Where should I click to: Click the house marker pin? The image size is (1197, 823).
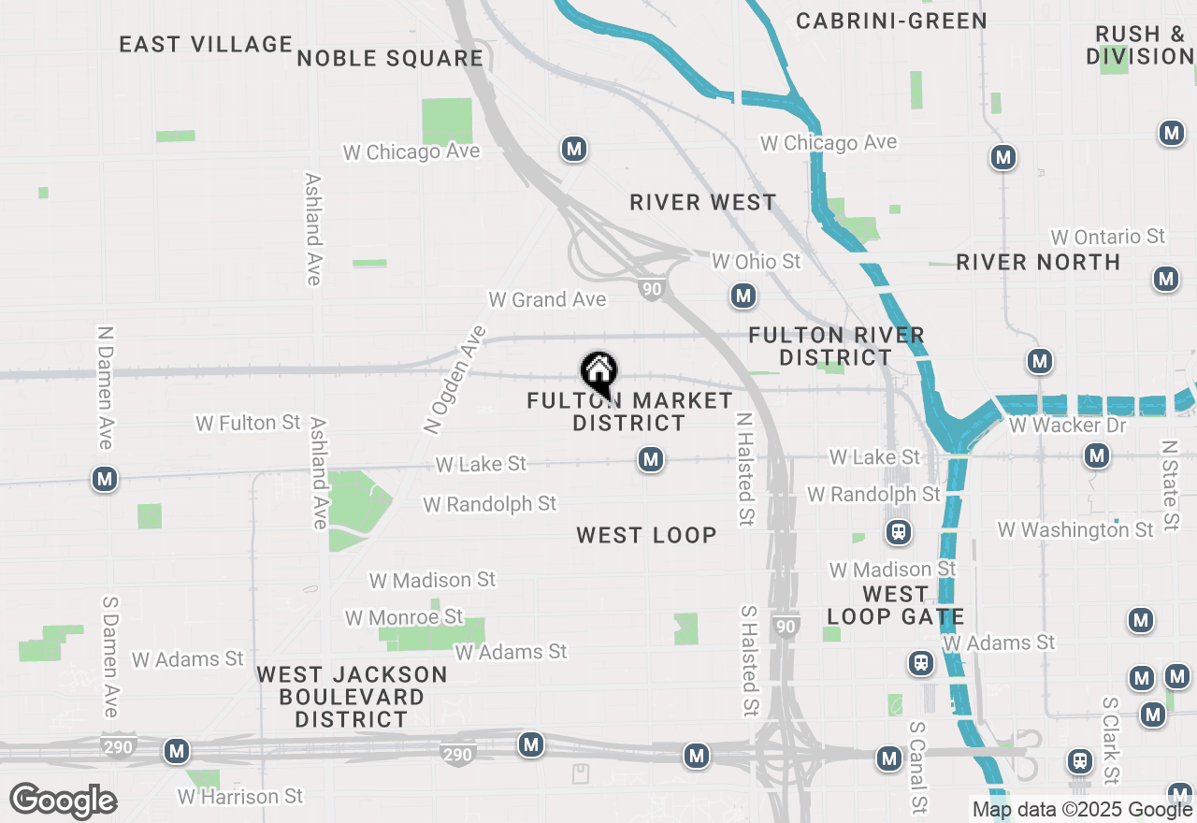click(x=598, y=372)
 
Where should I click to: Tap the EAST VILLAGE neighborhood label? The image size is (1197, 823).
click(x=206, y=44)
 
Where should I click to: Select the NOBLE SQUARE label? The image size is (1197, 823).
click(x=390, y=58)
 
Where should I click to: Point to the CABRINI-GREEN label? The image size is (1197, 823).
click(x=891, y=21)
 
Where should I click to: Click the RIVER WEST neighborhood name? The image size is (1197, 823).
click(x=702, y=202)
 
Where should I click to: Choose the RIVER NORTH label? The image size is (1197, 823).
click(x=1038, y=262)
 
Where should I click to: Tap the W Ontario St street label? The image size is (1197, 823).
click(x=1108, y=237)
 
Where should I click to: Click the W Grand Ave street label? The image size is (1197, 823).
click(x=547, y=299)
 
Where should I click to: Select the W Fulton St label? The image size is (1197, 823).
click(x=248, y=424)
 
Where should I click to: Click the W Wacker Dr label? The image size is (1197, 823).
click(x=1067, y=426)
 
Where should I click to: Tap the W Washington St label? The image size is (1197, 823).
click(x=1075, y=529)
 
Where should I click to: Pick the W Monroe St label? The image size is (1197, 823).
click(x=404, y=617)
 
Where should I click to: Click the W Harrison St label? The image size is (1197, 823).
click(x=240, y=797)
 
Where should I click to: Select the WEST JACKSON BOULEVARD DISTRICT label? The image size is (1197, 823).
click(x=352, y=697)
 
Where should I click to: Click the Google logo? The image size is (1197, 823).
click(x=63, y=801)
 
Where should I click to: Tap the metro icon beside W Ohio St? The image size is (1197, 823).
click(x=743, y=296)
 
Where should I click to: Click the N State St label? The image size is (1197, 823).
click(x=1169, y=486)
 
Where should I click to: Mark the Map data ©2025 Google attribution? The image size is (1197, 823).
click(x=1082, y=810)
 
